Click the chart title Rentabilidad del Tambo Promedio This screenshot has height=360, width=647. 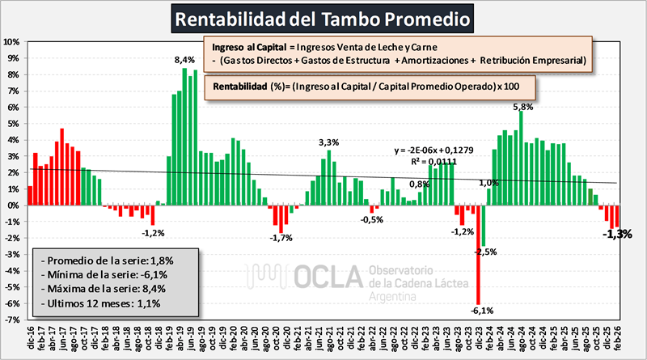tap(323, 17)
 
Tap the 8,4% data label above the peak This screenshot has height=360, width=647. tap(184, 60)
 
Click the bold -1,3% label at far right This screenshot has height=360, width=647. tap(616, 234)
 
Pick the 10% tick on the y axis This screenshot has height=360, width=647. tap(13, 41)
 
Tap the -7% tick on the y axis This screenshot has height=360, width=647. tap(13, 320)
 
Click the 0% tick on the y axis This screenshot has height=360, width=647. tap(15, 205)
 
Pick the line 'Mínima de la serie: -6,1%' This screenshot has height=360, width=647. tap(104, 274)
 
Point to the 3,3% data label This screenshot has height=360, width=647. tap(328, 142)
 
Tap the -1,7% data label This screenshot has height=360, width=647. tap(281, 238)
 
